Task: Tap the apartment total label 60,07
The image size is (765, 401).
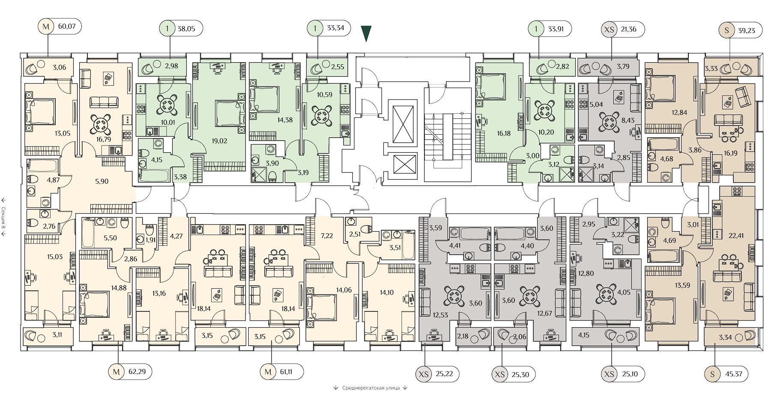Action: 67,27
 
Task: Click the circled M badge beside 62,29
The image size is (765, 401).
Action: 117,372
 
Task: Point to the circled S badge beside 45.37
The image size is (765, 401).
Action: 713,374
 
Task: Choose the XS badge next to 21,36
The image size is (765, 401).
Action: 608,29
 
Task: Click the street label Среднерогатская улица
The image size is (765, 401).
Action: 371,388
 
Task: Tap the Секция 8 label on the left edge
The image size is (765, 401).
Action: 3,216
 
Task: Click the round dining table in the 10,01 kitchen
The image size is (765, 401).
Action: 166,105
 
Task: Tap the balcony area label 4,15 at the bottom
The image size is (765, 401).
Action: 583,335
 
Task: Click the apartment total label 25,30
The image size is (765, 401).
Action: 520,374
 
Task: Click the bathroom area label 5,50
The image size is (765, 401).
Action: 111,238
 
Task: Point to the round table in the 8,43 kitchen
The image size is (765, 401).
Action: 608,121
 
